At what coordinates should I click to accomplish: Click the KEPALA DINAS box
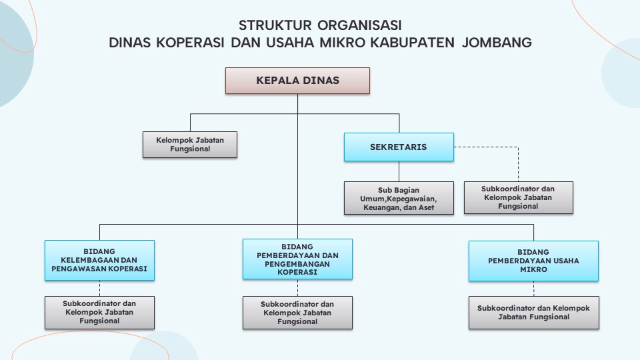pos(297,81)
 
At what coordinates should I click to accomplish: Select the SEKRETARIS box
pos(399,147)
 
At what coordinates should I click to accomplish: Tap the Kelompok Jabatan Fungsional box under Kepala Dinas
pos(190,145)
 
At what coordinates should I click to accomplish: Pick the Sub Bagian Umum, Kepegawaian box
pos(399,198)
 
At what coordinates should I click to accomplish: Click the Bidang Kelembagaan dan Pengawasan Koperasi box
pos(99,261)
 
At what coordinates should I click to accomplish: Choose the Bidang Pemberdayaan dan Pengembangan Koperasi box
pos(297,259)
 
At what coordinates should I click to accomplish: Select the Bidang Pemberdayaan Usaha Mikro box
pos(533,261)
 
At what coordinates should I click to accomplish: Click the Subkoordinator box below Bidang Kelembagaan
pos(99,313)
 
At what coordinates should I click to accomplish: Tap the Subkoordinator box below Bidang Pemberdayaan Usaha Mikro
pos(534,313)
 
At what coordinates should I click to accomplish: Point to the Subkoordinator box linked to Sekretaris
pos(519,197)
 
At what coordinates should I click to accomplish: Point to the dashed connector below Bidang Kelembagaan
pos(99,289)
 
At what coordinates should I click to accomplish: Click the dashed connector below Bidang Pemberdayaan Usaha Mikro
pos(533,289)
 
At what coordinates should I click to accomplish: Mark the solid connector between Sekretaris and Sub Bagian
pos(399,171)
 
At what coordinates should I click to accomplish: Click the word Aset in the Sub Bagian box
pos(426,207)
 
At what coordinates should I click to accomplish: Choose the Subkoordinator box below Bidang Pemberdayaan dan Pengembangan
pos(297,313)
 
